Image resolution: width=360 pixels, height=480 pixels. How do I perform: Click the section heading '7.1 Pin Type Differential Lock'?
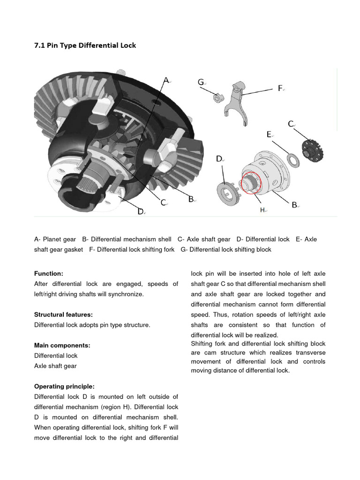click(x=85, y=45)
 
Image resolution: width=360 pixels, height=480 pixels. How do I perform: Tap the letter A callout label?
click(x=166, y=80)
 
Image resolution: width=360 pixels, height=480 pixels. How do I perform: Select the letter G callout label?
click(x=201, y=82)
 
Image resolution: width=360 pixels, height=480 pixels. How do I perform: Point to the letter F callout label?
click(x=280, y=88)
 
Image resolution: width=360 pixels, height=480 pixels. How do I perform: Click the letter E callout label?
click(x=269, y=135)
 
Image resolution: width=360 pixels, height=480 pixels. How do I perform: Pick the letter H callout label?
click(x=263, y=210)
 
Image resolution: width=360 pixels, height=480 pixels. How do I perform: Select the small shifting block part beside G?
click(x=217, y=97)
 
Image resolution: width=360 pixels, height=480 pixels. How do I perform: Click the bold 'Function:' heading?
click(x=49, y=273)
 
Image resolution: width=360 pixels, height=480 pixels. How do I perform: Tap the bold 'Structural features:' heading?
click(x=63, y=314)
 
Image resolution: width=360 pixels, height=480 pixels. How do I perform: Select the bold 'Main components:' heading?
click(x=62, y=345)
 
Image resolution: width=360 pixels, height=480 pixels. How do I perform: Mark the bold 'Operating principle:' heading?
click(x=64, y=387)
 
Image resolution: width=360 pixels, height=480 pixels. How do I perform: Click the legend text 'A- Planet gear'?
click(x=55, y=239)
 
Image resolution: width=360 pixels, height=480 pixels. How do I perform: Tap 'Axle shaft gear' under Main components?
click(x=55, y=366)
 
